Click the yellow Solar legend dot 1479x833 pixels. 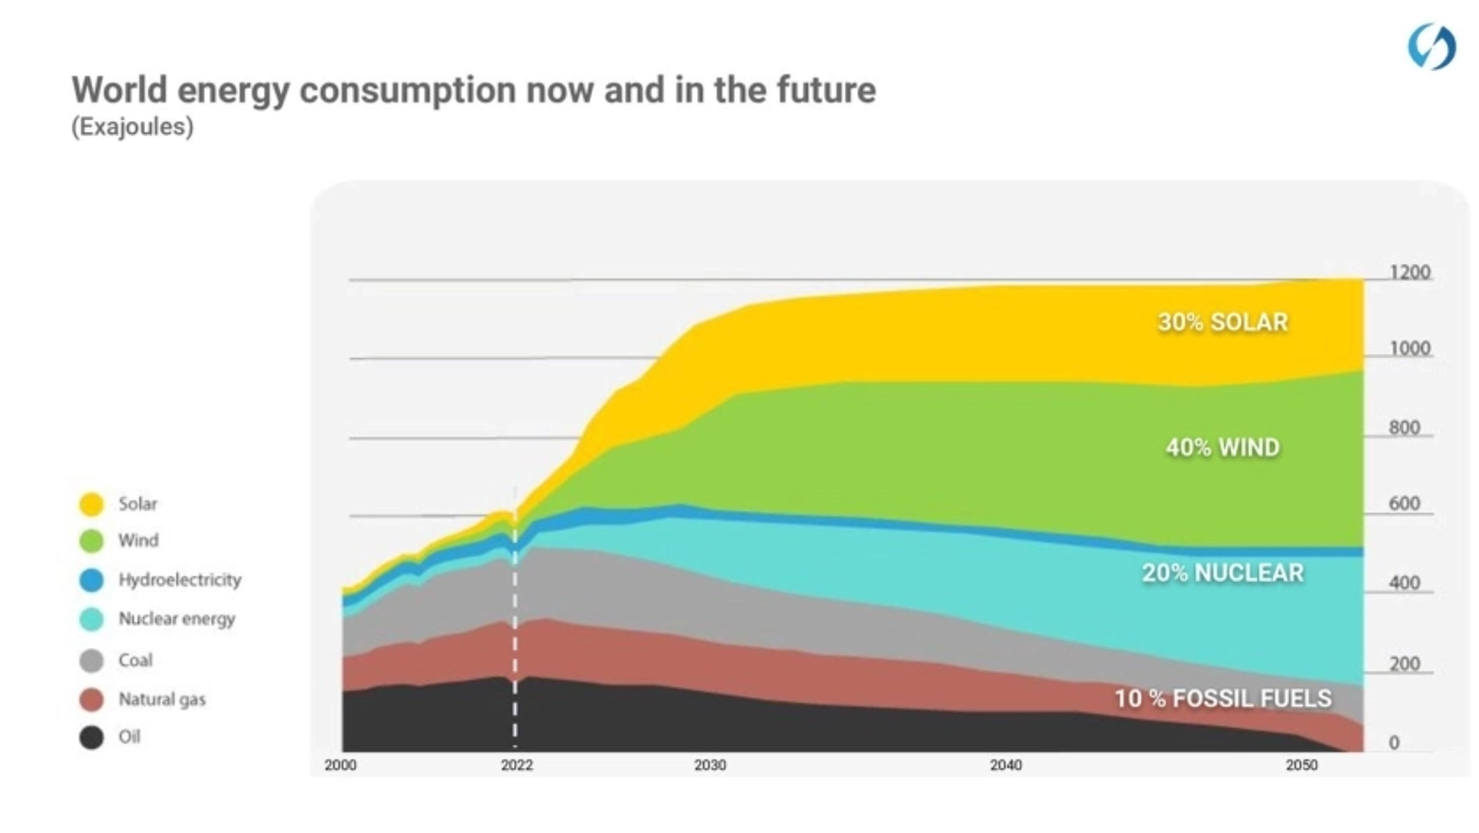(x=91, y=504)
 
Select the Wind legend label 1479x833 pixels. (x=138, y=540)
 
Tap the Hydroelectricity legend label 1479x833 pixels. (x=180, y=579)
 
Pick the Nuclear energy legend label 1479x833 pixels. (x=177, y=619)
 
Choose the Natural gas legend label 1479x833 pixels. (x=162, y=699)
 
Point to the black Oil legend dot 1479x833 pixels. (x=91, y=737)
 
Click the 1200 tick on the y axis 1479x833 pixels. (x=1410, y=272)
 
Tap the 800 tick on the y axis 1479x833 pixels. (x=1404, y=427)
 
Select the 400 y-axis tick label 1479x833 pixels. (x=1404, y=583)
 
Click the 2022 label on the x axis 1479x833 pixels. (x=517, y=765)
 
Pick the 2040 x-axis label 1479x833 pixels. (x=1006, y=765)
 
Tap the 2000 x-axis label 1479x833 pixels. (x=340, y=765)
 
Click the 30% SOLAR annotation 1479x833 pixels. (x=1223, y=322)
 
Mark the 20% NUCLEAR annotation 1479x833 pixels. (x=1223, y=573)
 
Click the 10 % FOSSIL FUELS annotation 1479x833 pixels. (x=1223, y=699)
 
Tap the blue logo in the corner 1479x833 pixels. (x=1431, y=47)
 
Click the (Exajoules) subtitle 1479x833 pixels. (x=132, y=126)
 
